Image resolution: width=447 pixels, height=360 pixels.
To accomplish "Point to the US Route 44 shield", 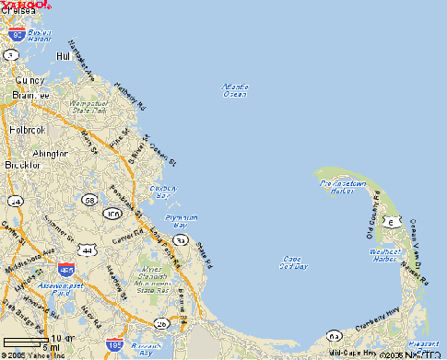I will (88, 250).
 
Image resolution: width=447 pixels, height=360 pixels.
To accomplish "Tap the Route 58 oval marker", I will (88, 200).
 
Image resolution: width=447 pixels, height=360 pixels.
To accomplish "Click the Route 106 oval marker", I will (113, 214).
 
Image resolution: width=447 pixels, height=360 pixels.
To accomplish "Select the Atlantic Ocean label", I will (235, 90).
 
